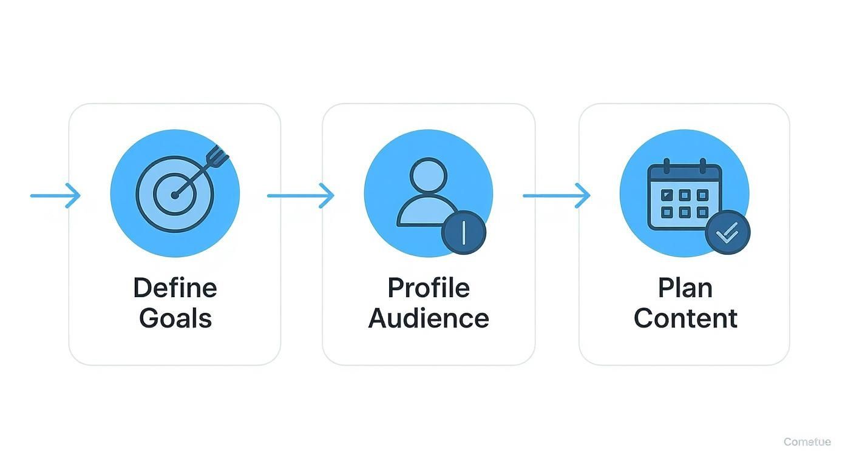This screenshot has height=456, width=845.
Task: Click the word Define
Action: (x=175, y=287)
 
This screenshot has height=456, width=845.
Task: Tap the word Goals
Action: (x=175, y=318)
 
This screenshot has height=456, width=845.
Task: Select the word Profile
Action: (x=429, y=287)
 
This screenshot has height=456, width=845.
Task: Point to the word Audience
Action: (x=429, y=318)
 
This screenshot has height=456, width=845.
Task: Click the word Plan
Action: (x=685, y=287)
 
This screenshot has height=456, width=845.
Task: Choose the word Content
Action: (x=685, y=318)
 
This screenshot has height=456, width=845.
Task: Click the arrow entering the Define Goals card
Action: (x=56, y=196)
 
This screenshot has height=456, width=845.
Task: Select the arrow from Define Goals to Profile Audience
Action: (x=301, y=196)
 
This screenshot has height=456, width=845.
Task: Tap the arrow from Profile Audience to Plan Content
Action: (x=557, y=196)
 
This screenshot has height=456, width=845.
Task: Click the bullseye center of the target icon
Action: (x=175, y=195)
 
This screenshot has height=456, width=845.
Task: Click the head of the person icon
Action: (x=428, y=176)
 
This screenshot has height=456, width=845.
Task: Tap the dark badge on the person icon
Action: (x=463, y=232)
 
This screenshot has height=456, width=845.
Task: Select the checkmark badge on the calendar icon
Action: (x=727, y=232)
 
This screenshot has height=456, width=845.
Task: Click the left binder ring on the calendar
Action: (x=667, y=166)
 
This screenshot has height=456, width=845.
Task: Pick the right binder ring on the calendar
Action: (x=703, y=166)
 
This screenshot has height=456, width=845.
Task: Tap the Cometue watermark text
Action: (x=807, y=442)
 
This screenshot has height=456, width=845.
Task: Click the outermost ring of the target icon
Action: (x=141, y=195)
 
